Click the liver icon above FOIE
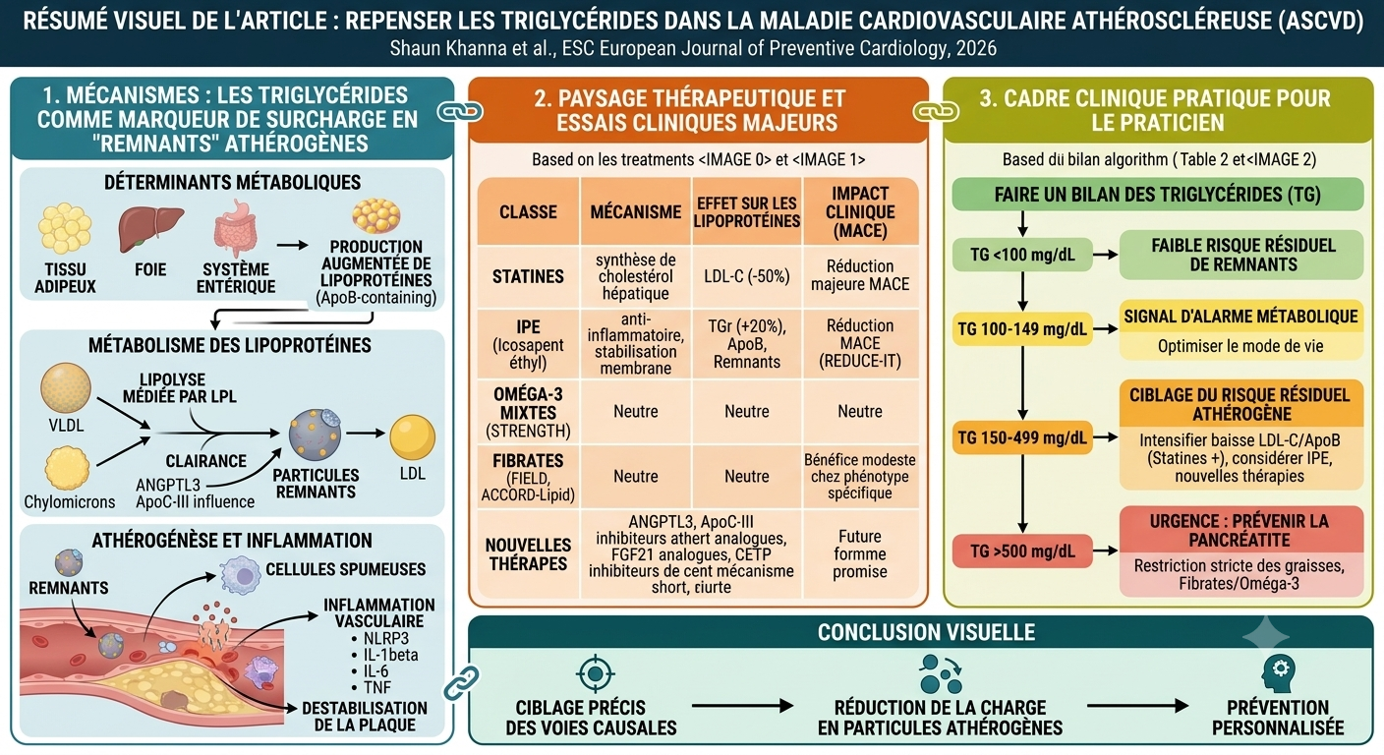tap(150, 229)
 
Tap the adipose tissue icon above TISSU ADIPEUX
tap(65, 229)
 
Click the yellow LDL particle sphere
tap(412, 436)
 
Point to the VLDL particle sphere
tap(66, 388)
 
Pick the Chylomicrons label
tap(69, 501)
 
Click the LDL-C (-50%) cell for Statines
tap(746, 276)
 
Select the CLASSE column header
tap(528, 212)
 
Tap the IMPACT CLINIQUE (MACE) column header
tap(860, 212)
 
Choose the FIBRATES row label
tap(528, 477)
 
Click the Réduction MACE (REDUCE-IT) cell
tap(860, 343)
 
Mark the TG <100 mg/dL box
tap(1022, 255)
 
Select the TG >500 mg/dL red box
tap(1022, 552)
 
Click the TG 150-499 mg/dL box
tap(1022, 437)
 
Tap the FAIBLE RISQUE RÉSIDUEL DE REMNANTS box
tap(1241, 255)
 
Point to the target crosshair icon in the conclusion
tap(595, 672)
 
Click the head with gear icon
tap(1278, 673)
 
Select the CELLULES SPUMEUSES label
tap(345, 569)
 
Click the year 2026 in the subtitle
tap(976, 48)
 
